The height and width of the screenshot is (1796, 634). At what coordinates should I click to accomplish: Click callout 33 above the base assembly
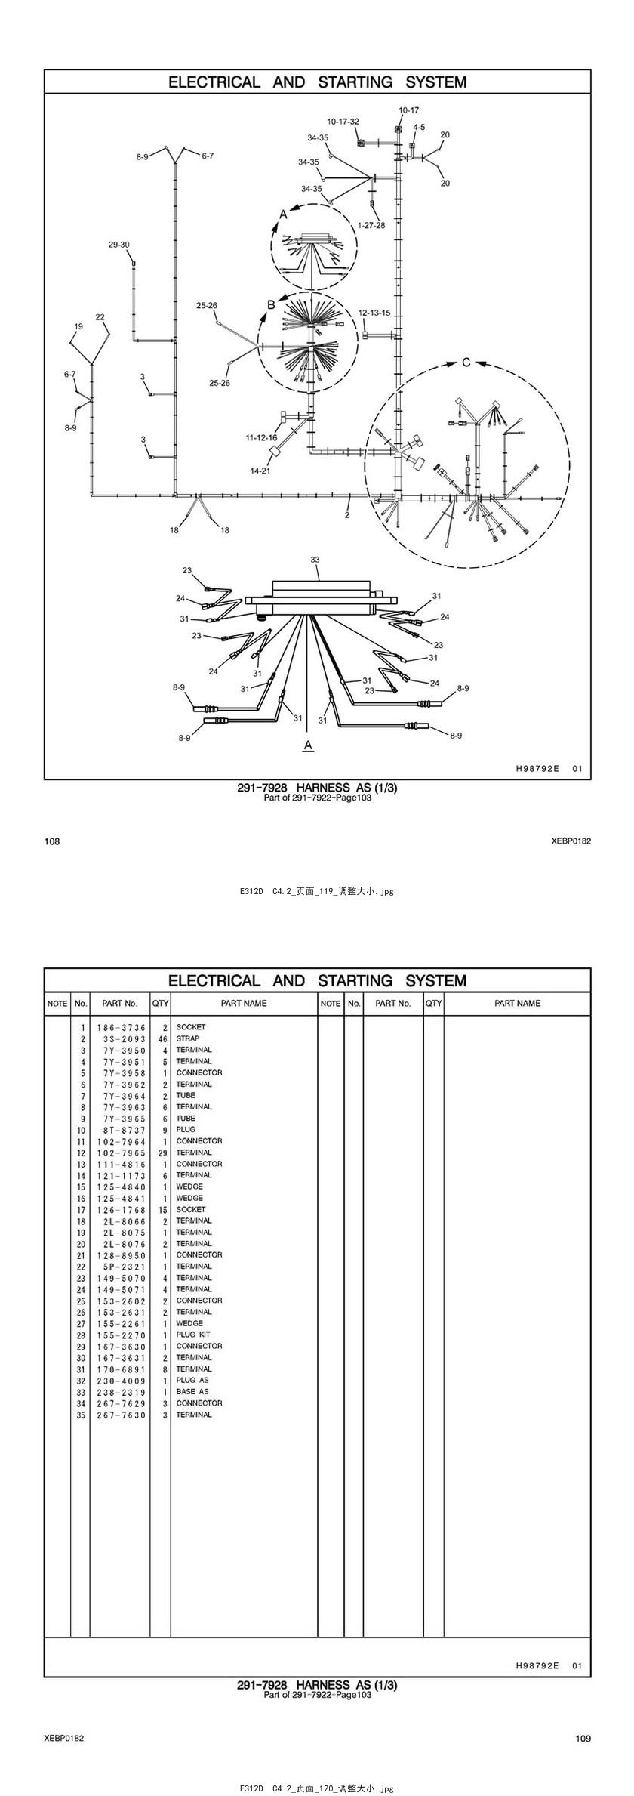[315, 560]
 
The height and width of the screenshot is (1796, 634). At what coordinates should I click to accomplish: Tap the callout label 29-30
[118, 245]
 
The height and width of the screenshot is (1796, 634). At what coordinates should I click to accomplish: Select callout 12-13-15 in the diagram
[374, 313]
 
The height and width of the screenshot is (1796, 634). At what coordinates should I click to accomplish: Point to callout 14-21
[260, 471]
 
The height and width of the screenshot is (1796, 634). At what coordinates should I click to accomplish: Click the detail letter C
[466, 363]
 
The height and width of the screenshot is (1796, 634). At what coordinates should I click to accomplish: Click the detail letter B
[272, 305]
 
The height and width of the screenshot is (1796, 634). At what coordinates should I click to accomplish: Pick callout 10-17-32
[343, 122]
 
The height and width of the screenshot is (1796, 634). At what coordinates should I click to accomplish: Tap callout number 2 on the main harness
[347, 515]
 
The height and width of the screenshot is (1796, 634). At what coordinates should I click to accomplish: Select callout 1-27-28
[371, 225]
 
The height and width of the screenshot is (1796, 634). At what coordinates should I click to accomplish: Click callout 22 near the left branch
[100, 317]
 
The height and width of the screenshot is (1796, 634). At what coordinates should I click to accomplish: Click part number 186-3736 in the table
[121, 1027]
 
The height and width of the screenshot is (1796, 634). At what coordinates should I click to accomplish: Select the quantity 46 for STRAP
[162, 1038]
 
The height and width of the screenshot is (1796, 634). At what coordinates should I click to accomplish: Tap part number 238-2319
[121, 1391]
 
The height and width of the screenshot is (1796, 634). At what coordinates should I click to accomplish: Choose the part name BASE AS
[192, 1391]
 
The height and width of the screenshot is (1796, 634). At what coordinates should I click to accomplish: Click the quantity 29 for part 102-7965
[162, 1153]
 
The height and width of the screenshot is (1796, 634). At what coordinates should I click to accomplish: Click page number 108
[52, 841]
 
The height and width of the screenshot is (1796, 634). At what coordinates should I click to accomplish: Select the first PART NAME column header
[244, 1003]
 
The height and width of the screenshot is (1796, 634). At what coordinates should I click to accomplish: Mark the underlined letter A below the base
[308, 745]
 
